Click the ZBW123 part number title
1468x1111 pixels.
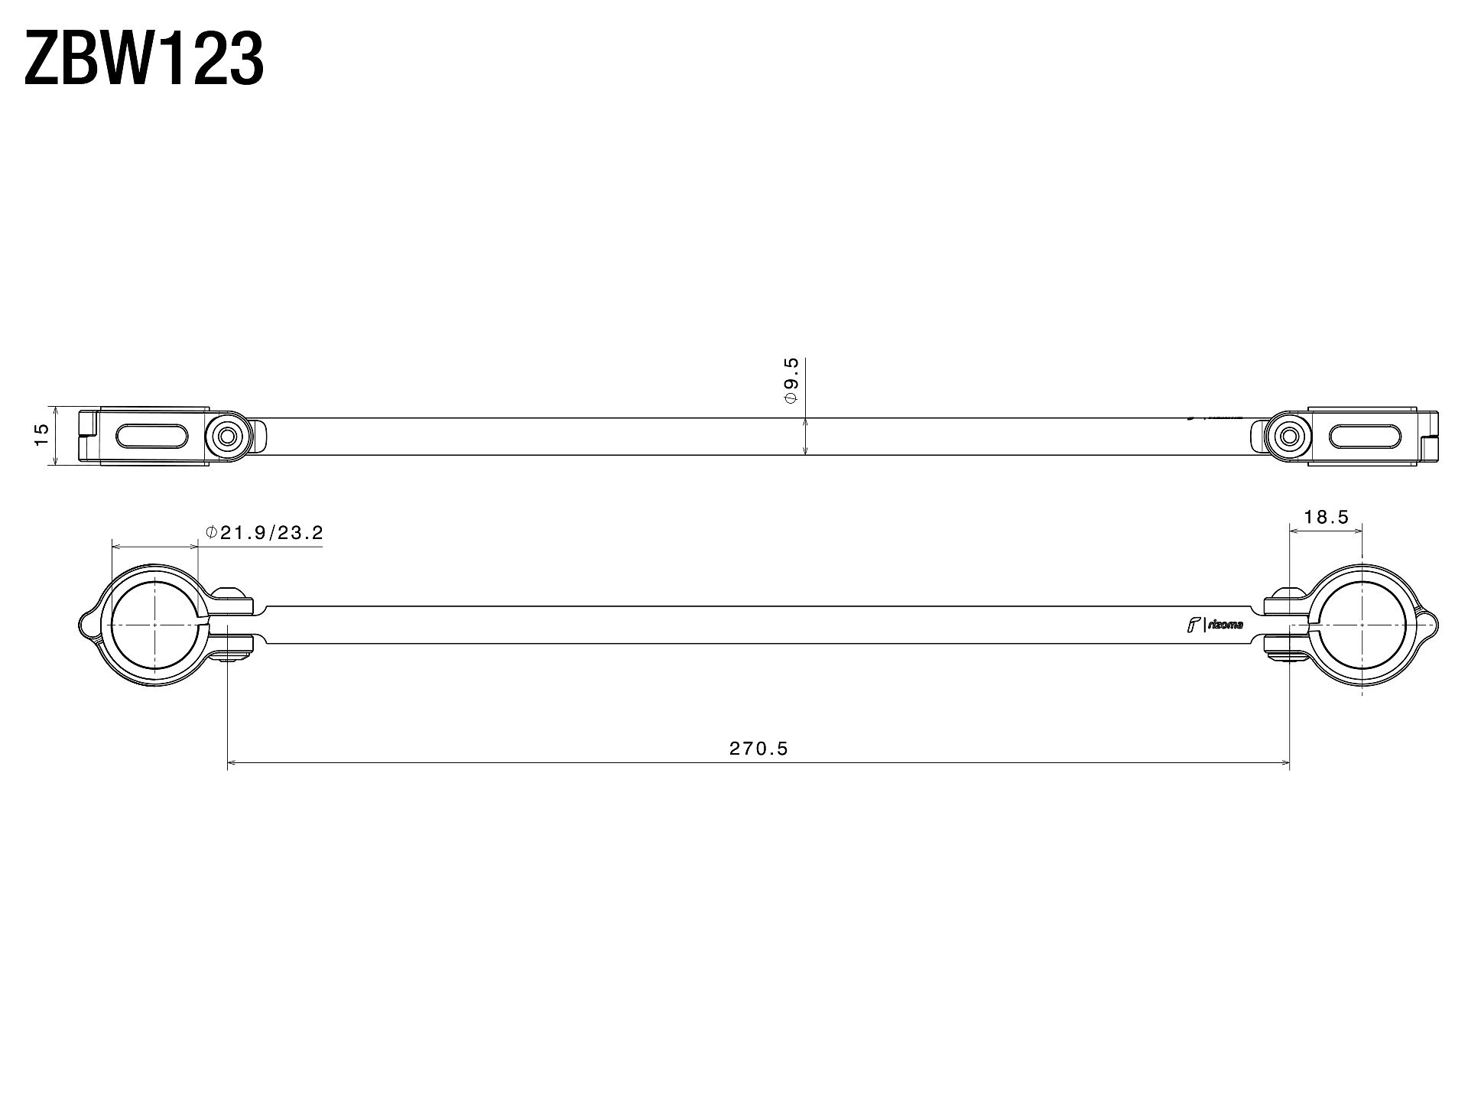(x=145, y=58)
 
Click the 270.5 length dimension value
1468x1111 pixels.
(x=758, y=749)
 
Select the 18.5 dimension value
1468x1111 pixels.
(x=1327, y=517)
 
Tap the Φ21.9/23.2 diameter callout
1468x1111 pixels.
(x=265, y=532)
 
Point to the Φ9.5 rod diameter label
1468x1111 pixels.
(x=791, y=381)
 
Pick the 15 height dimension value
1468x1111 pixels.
(x=42, y=435)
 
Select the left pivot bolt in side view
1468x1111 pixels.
(x=227, y=437)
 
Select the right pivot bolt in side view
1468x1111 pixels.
(x=1288, y=437)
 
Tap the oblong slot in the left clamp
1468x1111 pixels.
(x=151, y=437)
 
